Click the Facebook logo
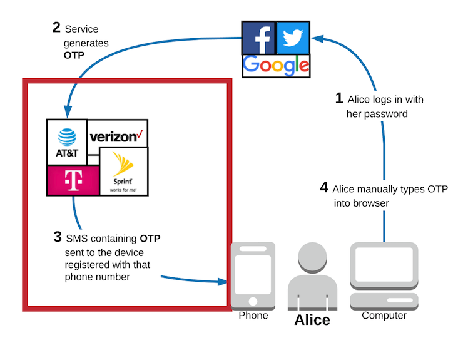(259, 38)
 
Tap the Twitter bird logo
(292, 38)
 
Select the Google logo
(276, 65)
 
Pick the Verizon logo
(117, 133)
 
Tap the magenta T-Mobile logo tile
(73, 180)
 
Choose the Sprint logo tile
(123, 172)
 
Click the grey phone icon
(253, 274)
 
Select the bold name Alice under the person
(312, 320)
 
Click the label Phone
(253, 316)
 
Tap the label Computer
(384, 316)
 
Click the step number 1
(339, 98)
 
